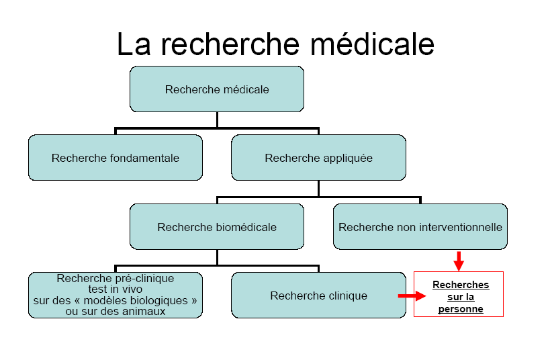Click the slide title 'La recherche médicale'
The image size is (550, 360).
(x=275, y=44)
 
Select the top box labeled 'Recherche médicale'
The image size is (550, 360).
(x=216, y=89)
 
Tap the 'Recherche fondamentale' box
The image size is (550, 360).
(x=115, y=158)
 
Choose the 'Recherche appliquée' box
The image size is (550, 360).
(x=318, y=158)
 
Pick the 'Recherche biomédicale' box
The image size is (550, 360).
(x=216, y=227)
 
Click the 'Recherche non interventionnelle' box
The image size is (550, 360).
(x=420, y=227)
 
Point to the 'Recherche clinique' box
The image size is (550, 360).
(x=318, y=296)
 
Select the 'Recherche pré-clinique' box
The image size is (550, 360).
(x=115, y=295)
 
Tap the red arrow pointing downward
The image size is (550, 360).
(x=459, y=261)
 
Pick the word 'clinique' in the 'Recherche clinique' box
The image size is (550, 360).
(x=345, y=296)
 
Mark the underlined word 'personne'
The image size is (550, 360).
(x=460, y=309)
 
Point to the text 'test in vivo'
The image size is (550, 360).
(x=115, y=289)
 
